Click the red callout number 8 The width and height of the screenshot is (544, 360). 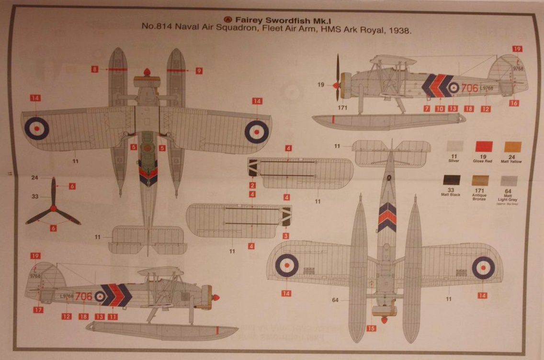(95, 69)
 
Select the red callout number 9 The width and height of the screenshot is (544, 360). (198, 71)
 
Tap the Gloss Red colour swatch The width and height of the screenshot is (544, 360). (483, 146)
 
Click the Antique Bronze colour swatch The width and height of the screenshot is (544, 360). (480, 180)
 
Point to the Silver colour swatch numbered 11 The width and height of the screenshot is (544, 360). (454, 146)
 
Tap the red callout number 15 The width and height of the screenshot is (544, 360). (372, 328)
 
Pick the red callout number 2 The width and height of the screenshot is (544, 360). (252, 185)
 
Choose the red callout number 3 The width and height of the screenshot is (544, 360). (286, 236)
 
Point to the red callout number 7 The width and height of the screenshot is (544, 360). (427, 109)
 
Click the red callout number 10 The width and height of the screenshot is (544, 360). (440, 109)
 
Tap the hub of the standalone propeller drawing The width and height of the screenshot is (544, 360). (53, 209)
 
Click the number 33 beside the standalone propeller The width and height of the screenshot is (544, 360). (34, 196)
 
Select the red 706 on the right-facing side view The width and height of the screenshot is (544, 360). (469, 88)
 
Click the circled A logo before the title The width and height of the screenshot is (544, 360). (228, 20)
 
